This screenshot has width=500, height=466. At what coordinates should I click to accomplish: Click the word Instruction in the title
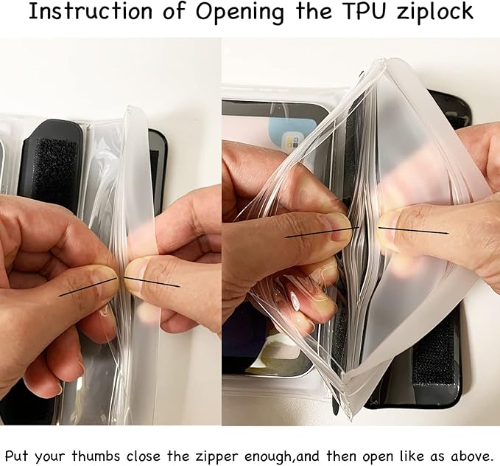pyautogui.click(x=91, y=11)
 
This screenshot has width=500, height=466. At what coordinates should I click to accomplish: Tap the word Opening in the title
pyautogui.click(x=239, y=13)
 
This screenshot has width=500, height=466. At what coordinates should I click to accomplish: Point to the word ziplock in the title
pyautogui.click(x=434, y=13)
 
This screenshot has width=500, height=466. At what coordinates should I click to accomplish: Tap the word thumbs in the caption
pyautogui.click(x=96, y=455)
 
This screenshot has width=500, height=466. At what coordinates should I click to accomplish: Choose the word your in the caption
pyautogui.click(x=50, y=457)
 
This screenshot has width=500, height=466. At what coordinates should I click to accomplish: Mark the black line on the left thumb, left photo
pyautogui.click(x=88, y=287)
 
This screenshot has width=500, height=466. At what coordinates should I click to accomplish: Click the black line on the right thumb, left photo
pyautogui.click(x=152, y=282)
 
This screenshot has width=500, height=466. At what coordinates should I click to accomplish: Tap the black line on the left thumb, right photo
pyautogui.click(x=322, y=232)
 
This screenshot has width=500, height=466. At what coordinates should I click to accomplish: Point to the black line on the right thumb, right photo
pyautogui.click(x=414, y=231)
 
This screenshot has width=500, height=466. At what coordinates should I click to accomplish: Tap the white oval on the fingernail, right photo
pyautogui.click(x=295, y=301)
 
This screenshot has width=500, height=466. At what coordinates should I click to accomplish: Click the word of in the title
pyautogui.click(x=174, y=11)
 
